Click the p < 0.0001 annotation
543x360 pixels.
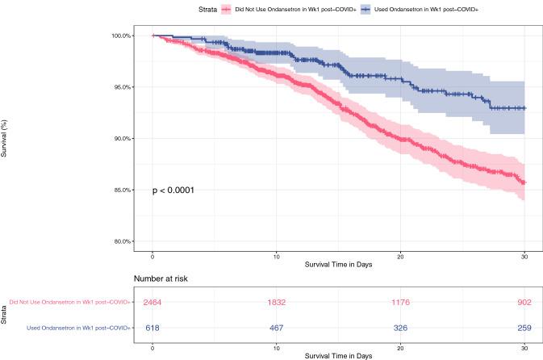tap(173, 190)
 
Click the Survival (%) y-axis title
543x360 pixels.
tap(6, 138)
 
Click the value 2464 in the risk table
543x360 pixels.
tap(153, 302)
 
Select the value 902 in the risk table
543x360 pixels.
tap(524, 302)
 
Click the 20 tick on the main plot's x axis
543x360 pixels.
tap(400, 257)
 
